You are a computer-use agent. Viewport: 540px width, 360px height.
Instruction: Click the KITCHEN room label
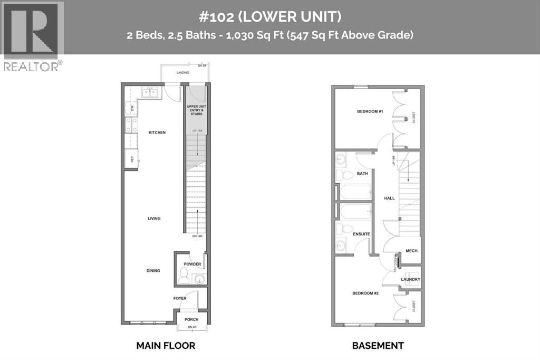click(157, 132)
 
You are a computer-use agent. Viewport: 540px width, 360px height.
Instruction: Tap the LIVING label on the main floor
click(154, 219)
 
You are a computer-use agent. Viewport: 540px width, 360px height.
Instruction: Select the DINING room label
click(153, 271)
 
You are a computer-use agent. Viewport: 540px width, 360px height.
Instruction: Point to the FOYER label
click(180, 298)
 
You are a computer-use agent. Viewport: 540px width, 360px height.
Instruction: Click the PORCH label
click(191, 319)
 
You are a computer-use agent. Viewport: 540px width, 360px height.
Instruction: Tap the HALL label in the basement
click(389, 198)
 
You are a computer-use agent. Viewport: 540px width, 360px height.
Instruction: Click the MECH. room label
click(412, 251)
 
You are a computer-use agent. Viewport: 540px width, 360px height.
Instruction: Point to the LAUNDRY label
click(410, 279)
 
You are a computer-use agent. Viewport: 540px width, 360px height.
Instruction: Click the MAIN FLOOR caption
click(166, 346)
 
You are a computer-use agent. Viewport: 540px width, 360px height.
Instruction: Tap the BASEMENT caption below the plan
click(378, 346)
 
